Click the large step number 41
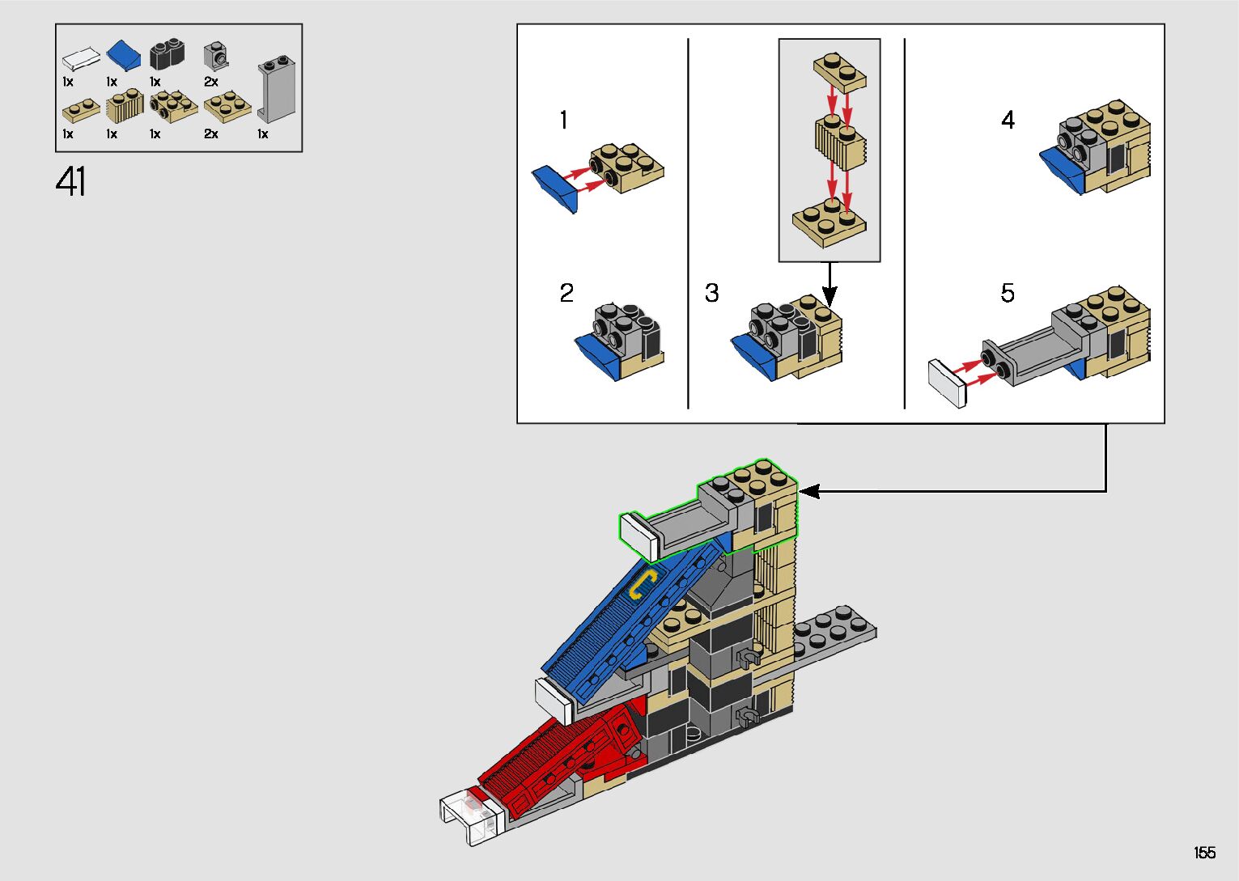[x=70, y=181]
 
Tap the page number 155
[x=1204, y=852]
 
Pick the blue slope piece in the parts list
[x=123, y=55]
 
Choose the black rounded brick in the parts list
[x=167, y=54]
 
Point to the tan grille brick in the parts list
[x=125, y=104]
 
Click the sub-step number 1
[x=563, y=120]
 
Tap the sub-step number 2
[x=566, y=293]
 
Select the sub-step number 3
[x=712, y=293]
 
